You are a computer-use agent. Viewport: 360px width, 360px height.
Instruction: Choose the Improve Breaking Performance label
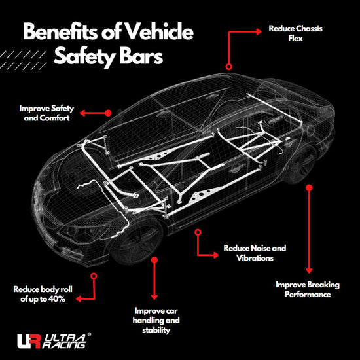pyautogui.click(x=308, y=289)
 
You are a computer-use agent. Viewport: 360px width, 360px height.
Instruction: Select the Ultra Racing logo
pyautogui.click(x=52, y=341)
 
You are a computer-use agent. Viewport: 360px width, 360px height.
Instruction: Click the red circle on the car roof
pyautogui.click(x=228, y=66)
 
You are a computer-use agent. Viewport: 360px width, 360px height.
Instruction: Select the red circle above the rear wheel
pyautogui.click(x=309, y=187)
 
